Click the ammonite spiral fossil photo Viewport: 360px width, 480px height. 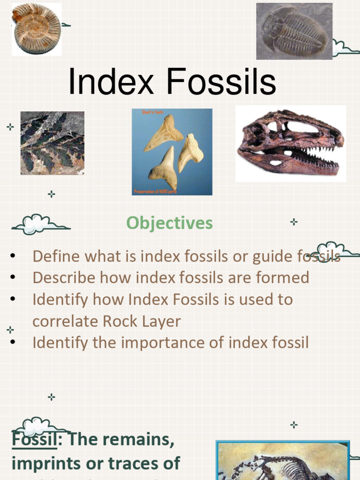pyautogui.click(x=37, y=29)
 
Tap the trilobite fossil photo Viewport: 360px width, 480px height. pyautogui.click(x=294, y=31)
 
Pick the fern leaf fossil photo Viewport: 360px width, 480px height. pyautogui.click(x=52, y=143)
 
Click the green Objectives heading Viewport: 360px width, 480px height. pyautogui.click(x=169, y=223)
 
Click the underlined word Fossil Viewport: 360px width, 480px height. pyautogui.click(x=30, y=440)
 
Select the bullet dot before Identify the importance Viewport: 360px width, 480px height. pyautogui.click(x=13, y=343)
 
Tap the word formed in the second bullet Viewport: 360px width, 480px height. pyautogui.click(x=283, y=277)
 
